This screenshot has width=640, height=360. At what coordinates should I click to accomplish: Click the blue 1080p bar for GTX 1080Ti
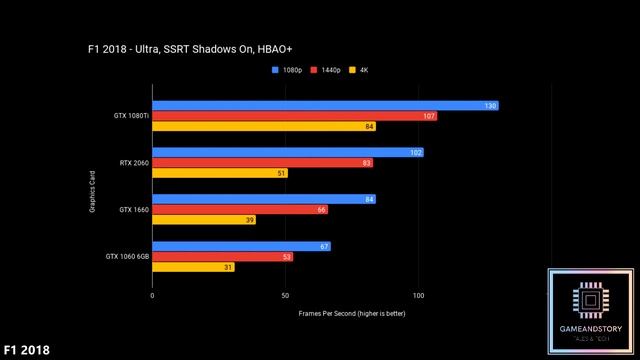pos(325,105)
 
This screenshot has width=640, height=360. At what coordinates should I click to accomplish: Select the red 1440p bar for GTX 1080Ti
pos(294,116)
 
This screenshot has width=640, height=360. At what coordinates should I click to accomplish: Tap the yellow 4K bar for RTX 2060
pos(220,173)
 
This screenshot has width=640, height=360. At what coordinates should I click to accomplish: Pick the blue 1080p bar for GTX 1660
pos(264,199)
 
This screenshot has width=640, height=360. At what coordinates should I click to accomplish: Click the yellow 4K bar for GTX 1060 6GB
pos(193,267)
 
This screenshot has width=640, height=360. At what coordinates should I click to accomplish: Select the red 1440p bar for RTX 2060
pos(262,162)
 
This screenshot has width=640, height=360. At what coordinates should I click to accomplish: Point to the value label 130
pos(490,105)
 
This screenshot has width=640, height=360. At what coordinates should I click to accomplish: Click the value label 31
pos(228,267)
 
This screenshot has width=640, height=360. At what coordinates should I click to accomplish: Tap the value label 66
pos(321,210)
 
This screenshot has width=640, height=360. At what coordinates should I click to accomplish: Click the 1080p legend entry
pos(289,70)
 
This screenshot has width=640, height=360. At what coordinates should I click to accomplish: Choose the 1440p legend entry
pos(327,70)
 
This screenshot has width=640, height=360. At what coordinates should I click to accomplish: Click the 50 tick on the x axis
pos(285,295)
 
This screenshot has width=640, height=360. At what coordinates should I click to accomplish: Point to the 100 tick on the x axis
pos(418,295)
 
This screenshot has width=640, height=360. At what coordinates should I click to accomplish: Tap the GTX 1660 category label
pos(133,210)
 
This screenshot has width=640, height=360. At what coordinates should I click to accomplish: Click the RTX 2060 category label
pos(133,162)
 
